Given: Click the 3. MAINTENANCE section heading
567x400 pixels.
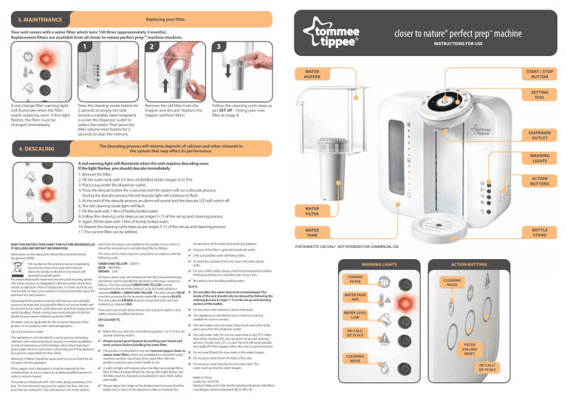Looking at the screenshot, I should [x=30, y=16].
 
